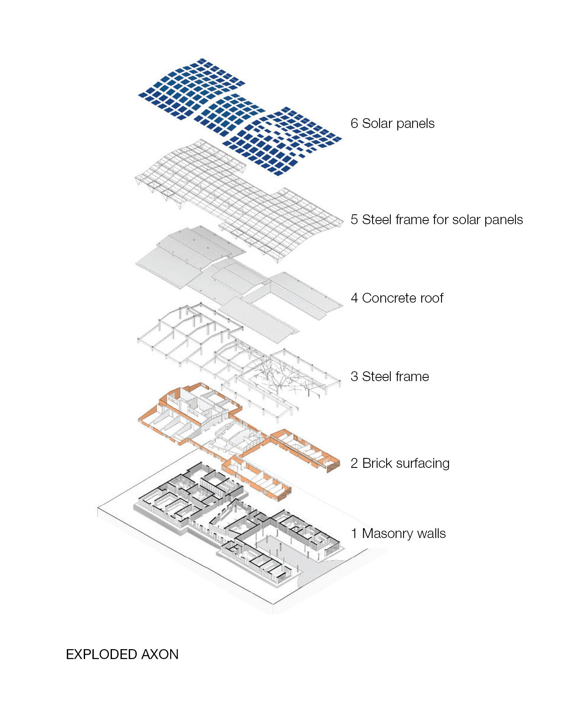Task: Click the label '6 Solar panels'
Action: tap(392, 123)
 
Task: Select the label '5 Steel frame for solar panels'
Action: tap(437, 220)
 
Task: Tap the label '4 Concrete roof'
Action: tap(397, 298)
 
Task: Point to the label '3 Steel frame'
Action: tap(390, 377)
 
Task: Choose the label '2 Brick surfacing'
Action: tap(400, 463)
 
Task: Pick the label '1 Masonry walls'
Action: tap(398, 534)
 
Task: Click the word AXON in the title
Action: tap(160, 655)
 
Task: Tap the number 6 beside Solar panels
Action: tap(354, 123)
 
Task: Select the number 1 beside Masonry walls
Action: tap(354, 534)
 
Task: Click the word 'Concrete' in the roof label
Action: tap(386, 298)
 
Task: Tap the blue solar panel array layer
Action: tap(240, 117)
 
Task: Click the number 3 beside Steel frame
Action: tap(354, 377)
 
